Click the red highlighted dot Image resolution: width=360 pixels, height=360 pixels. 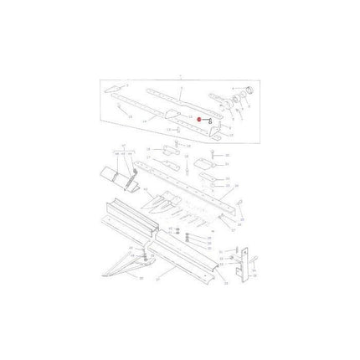tap(198, 119)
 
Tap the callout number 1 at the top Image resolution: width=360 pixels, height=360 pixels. tap(180, 75)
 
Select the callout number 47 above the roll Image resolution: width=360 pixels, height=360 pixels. tap(126, 154)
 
